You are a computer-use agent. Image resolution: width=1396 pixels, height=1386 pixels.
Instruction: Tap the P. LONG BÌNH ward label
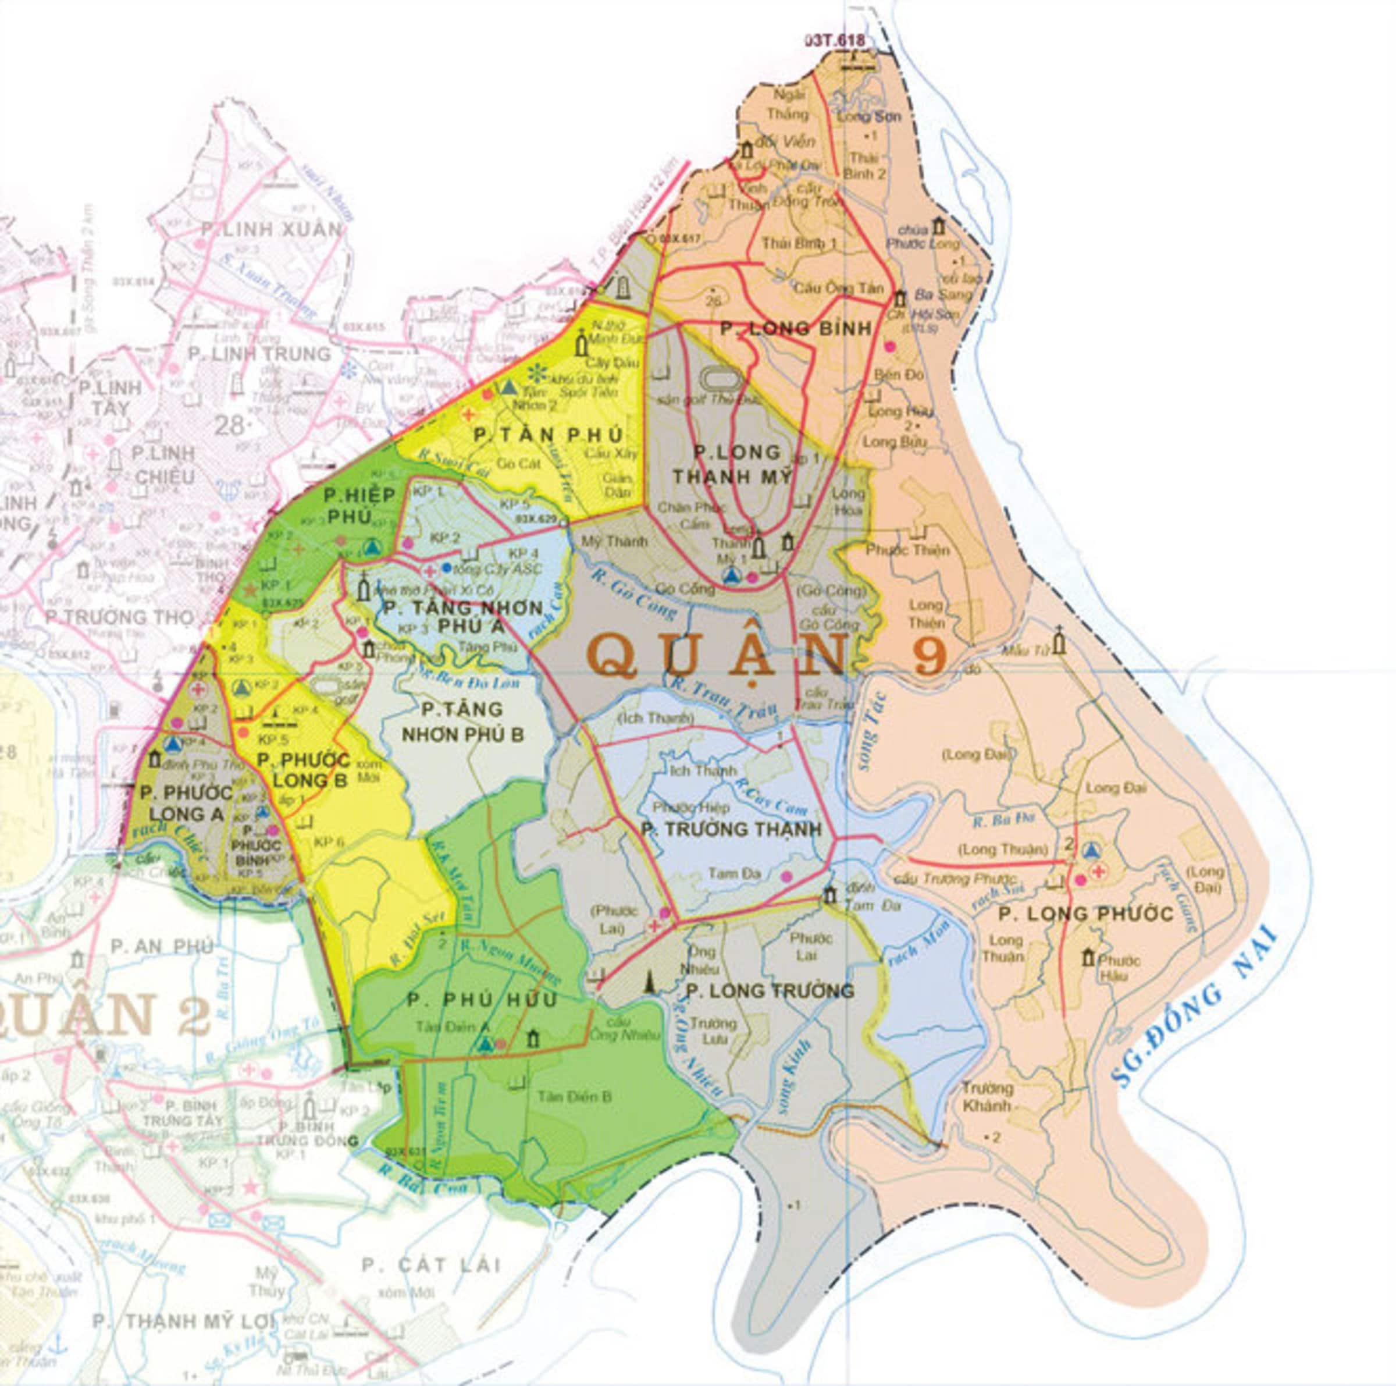tap(796, 329)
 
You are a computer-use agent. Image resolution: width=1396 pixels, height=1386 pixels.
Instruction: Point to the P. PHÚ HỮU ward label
tap(482, 1000)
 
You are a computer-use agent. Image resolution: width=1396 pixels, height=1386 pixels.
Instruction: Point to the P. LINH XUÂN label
tap(271, 230)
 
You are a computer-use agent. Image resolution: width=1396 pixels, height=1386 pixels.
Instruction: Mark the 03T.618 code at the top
tap(834, 41)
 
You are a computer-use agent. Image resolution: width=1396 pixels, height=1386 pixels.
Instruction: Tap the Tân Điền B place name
tap(575, 1096)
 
